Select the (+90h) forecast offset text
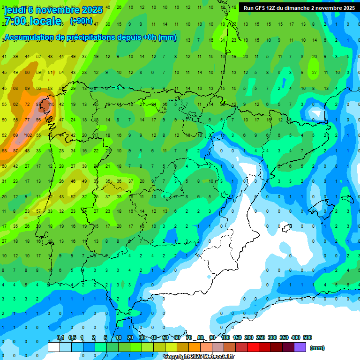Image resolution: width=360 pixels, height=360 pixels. pyautogui.click(x=81, y=21)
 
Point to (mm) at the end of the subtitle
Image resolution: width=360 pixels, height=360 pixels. pyautogui.click(x=167, y=37)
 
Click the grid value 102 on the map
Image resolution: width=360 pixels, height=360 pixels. pyautogui.click(x=28, y=135)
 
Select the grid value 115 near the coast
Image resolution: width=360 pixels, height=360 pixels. pyautogui.click(x=51, y=104)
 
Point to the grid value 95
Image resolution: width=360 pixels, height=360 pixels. pyautogui.click(x=39, y=120)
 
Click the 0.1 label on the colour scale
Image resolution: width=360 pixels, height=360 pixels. pyautogui.click(x=60, y=337)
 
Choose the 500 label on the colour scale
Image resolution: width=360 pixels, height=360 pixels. pyautogui.click(x=307, y=337)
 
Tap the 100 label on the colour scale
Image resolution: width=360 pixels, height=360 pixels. pyautogui.click(x=225, y=337)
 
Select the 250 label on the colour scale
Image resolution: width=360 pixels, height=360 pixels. pyautogui.click(x=261, y=337)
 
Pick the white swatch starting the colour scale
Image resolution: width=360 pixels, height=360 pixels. pyautogui.click(x=54, y=347)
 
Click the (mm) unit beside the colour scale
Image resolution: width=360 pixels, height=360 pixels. pyautogui.click(x=317, y=348)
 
